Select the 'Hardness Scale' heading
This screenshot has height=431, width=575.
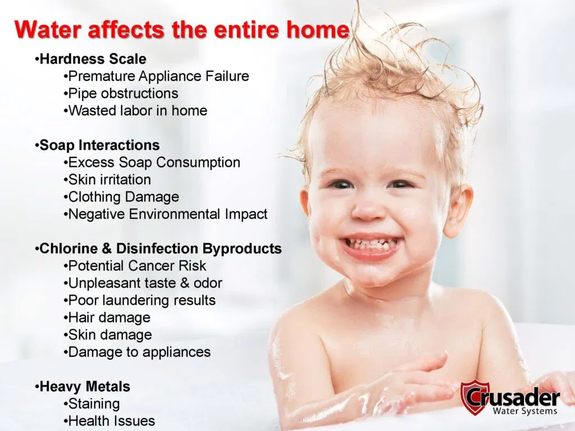pos(93,59)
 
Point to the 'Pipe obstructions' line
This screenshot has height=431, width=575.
pos(123,93)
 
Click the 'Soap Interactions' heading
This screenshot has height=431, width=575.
pos(99,145)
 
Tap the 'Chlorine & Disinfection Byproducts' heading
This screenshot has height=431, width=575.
pos(161,249)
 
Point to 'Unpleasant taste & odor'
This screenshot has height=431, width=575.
pos(145,283)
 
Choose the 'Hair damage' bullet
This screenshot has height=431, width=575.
pos(109,318)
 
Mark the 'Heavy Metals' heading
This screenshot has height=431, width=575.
pos(85,387)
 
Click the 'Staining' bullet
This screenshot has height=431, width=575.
pos(94,404)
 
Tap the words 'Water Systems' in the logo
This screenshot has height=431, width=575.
pos(524,411)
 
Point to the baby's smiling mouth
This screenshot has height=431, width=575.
pos(371,245)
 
